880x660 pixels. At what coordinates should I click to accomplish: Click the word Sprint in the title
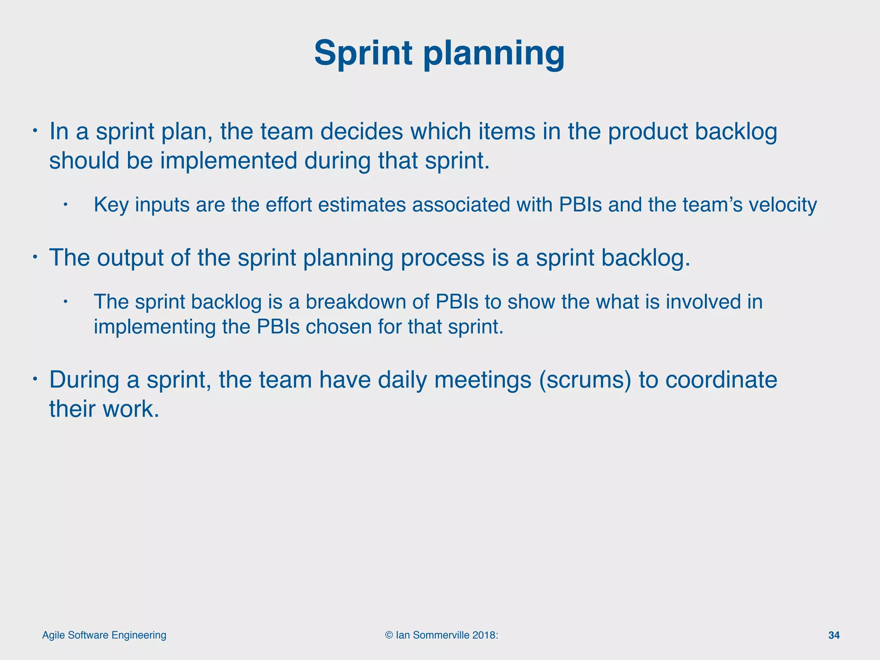364,53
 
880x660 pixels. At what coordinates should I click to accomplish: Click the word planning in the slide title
494,53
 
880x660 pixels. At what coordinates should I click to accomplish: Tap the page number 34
834,635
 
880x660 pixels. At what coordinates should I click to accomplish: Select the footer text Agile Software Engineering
104,635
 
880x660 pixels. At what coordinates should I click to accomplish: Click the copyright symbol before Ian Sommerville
389,635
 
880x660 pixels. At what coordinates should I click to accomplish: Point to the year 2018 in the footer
484,635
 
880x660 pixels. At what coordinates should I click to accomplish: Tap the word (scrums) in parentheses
585,380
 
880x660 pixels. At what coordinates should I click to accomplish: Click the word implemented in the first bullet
229,161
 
